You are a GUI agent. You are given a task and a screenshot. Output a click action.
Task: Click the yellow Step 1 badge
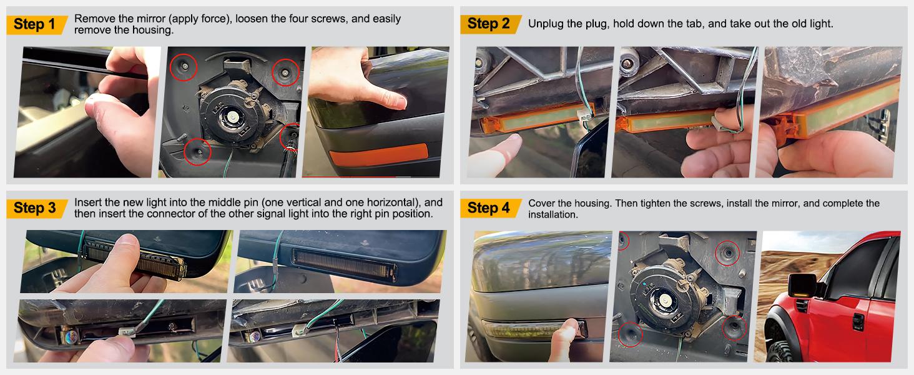tap(38, 24)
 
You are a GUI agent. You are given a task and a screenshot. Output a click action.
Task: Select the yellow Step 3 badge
tap(38, 208)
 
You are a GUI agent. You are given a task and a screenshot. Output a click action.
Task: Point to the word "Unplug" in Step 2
tap(544, 24)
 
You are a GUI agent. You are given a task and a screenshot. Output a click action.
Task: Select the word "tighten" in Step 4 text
tap(676, 204)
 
